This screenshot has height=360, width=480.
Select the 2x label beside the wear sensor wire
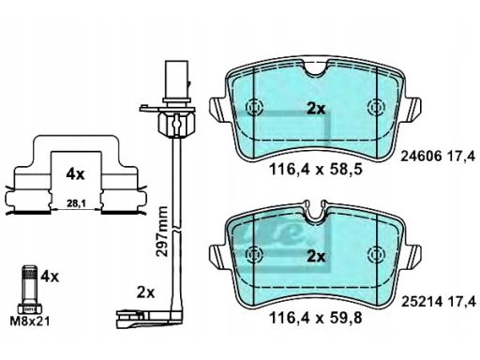point(146,292)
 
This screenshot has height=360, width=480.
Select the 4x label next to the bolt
point(50,277)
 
